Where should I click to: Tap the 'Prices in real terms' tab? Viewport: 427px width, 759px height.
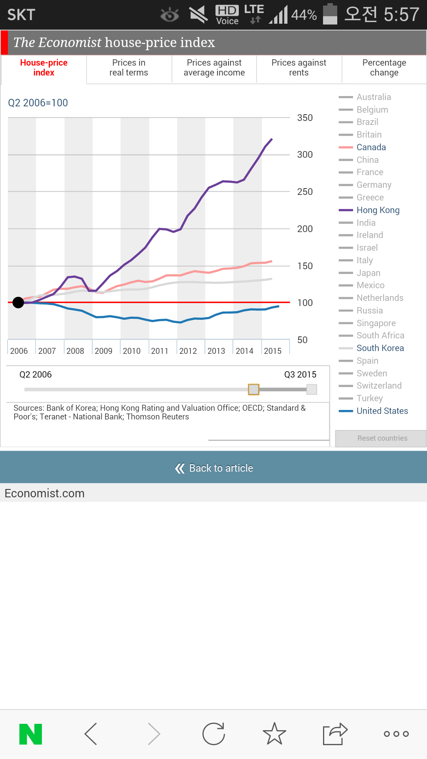(129, 68)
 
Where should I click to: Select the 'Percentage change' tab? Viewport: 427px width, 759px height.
(384, 68)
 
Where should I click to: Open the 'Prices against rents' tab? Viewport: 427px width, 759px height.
(299, 68)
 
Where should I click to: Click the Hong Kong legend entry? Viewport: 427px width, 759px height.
(378, 210)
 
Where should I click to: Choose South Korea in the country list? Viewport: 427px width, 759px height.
(380, 348)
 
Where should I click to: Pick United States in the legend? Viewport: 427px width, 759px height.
(382, 411)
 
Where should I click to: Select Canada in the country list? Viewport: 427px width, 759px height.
(371, 147)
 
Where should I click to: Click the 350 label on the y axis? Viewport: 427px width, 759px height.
(305, 118)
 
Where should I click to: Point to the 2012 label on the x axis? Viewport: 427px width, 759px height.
(188, 351)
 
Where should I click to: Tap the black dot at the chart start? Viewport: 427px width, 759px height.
(18, 303)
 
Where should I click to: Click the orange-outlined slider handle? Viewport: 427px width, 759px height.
(253, 389)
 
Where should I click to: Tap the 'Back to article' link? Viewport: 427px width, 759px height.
(214, 468)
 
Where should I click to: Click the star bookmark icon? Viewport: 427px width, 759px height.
(274, 734)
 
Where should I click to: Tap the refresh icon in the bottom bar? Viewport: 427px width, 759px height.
(213, 734)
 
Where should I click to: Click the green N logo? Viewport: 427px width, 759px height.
(30, 734)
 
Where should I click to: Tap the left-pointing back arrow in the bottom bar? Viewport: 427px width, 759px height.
(91, 734)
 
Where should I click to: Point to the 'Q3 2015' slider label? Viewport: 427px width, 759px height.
(300, 375)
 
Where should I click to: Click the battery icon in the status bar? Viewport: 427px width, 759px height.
(330, 14)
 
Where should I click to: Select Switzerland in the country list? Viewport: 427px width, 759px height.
(379, 386)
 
